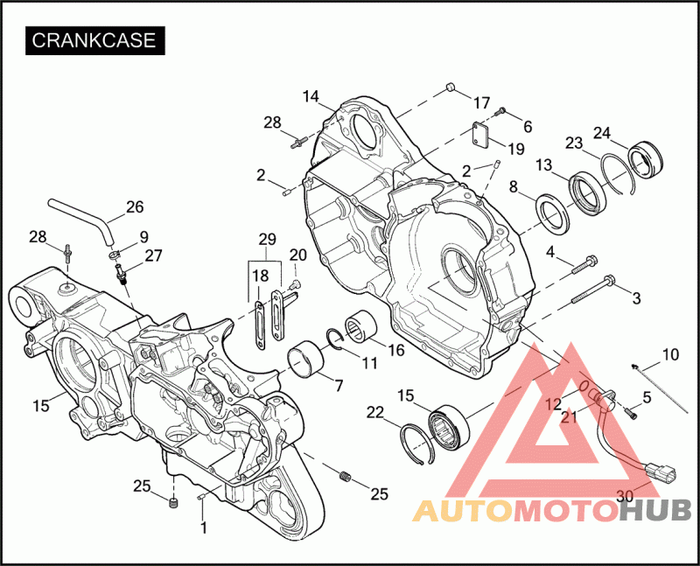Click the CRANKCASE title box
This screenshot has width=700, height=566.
(x=95, y=40)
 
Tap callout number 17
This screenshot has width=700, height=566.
(x=481, y=103)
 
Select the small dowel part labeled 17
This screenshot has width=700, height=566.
(x=451, y=86)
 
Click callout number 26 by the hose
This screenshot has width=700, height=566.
(x=135, y=206)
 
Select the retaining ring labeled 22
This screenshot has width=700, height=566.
(x=417, y=444)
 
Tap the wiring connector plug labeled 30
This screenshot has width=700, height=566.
(x=661, y=472)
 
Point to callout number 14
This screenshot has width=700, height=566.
(x=311, y=96)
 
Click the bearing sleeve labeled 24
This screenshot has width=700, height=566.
(x=645, y=159)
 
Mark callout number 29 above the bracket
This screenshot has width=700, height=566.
(x=268, y=239)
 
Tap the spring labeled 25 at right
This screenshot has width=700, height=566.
(x=345, y=476)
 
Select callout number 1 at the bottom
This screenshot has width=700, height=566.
(x=204, y=528)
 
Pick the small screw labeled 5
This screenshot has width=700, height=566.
(x=631, y=413)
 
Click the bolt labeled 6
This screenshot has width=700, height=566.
(x=500, y=110)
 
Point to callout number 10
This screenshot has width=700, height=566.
(x=670, y=355)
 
